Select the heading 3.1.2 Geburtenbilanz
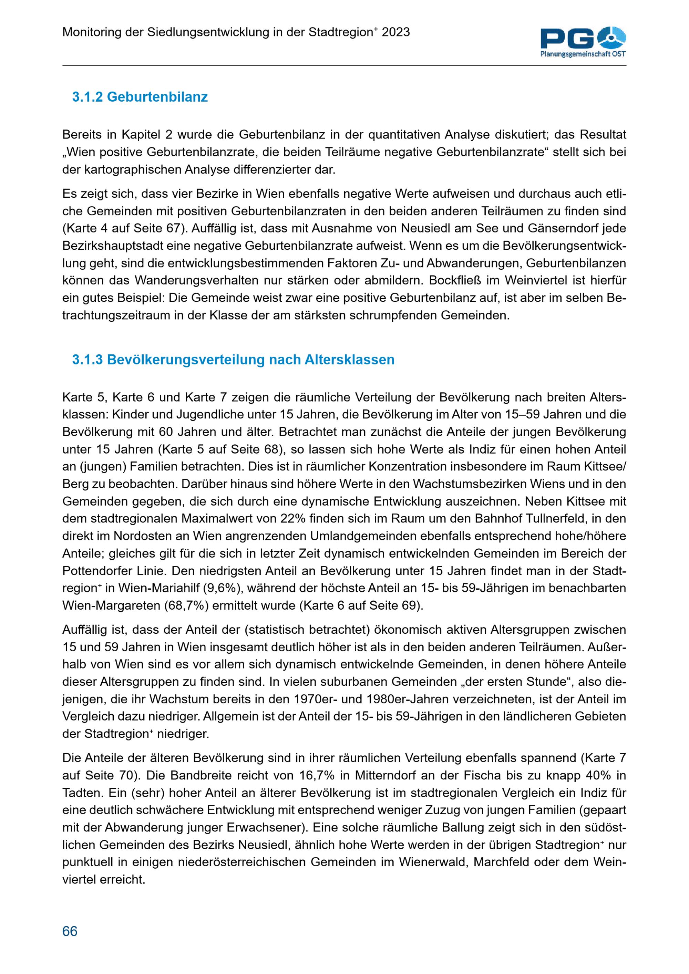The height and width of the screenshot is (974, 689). (140, 97)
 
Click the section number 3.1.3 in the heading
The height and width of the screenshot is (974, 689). (88, 360)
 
